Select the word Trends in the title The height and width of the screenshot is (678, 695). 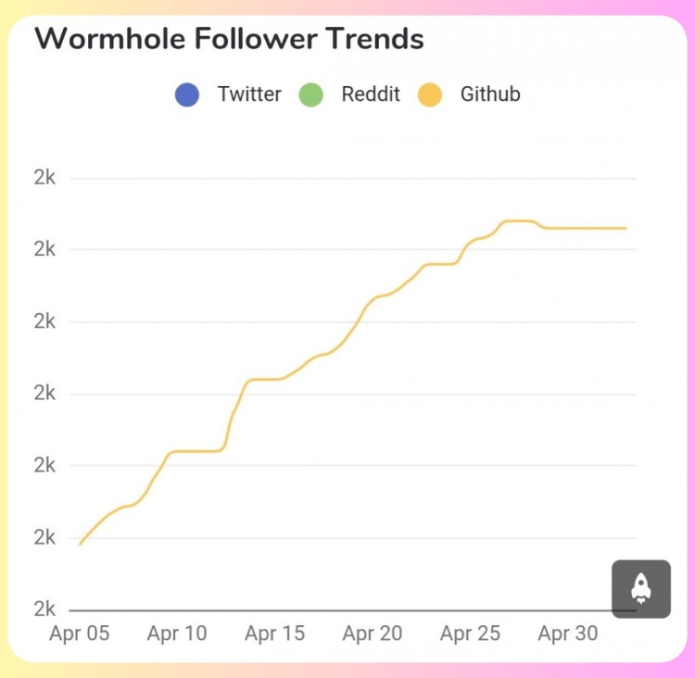pos(376,39)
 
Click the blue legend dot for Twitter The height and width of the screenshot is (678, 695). pos(187,94)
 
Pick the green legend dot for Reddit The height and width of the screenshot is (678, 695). pos(310,94)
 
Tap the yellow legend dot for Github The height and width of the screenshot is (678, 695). pos(431,94)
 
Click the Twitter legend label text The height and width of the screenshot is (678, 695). pos(249,94)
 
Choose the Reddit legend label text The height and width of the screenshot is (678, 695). pos(371,94)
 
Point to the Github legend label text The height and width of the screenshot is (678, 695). pos(490,94)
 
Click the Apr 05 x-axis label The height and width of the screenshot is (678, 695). pos(79,634)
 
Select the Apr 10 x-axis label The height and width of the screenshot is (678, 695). pos(177,634)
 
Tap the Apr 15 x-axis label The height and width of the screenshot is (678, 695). pos(274,634)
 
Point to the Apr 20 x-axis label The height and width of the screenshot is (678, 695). pos(373,634)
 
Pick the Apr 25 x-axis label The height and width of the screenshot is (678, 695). pos(470,634)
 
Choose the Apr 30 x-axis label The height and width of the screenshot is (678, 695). pos(568,634)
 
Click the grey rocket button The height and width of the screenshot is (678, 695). pos(641,588)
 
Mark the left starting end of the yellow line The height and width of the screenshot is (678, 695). pos(81,544)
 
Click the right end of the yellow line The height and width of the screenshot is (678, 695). pos(625,228)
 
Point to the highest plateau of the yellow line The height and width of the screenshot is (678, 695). pos(519,221)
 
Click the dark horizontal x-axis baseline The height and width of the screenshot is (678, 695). pos(343,610)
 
